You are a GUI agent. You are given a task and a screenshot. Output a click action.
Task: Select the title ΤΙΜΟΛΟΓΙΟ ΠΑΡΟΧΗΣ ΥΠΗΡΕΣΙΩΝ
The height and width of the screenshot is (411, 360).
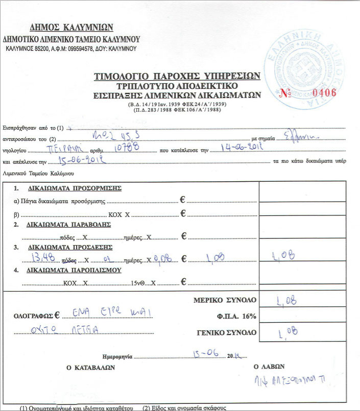(177, 76)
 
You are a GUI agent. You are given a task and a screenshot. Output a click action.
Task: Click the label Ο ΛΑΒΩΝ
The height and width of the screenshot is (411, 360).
(269, 366)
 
